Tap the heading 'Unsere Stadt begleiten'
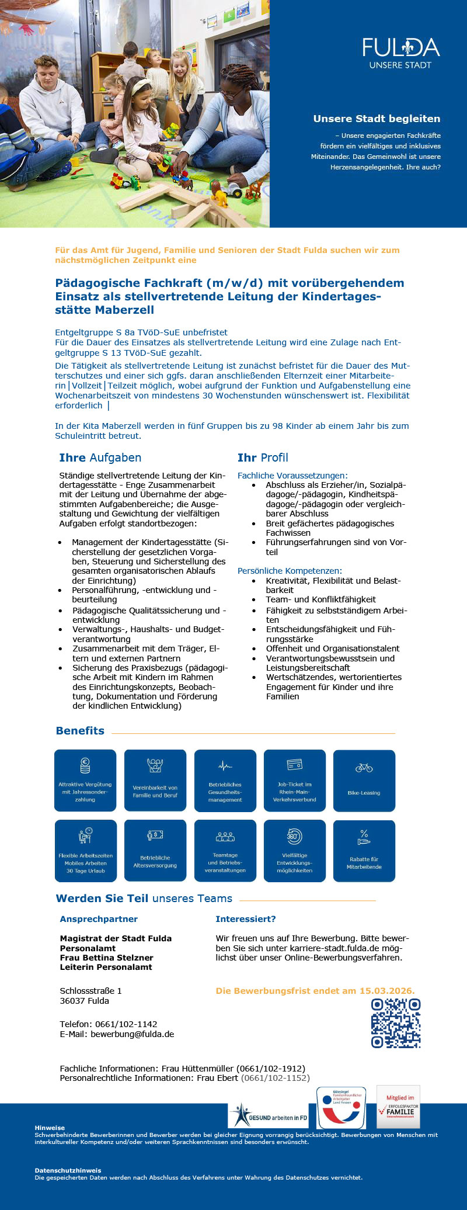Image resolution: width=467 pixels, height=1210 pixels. pyautogui.click(x=377, y=119)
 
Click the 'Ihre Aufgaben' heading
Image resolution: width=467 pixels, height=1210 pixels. pyautogui.click(x=100, y=457)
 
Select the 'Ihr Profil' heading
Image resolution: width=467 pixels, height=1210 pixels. pyautogui.click(x=263, y=457)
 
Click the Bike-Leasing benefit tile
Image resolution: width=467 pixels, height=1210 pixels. pyautogui.click(x=364, y=781)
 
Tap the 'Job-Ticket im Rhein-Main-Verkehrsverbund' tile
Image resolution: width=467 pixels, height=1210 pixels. pyautogui.click(x=295, y=781)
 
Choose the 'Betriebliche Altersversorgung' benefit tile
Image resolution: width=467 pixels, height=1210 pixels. pyautogui.click(x=155, y=850)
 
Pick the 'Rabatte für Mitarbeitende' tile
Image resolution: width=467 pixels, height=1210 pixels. pyautogui.click(x=364, y=850)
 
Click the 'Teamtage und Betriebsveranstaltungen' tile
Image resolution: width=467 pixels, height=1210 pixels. pyautogui.click(x=225, y=850)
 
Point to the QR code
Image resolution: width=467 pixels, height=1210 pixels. pyautogui.click(x=396, y=1022)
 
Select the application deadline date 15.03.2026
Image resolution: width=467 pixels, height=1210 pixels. pyautogui.click(x=386, y=991)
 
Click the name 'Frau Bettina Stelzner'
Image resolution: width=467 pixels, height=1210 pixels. pyautogui.click(x=106, y=958)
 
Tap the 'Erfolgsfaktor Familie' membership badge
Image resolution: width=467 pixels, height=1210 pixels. pyautogui.click(x=399, y=1108)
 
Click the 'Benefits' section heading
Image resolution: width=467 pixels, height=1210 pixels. pyautogui.click(x=80, y=730)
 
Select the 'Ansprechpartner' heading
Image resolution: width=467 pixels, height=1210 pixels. pyautogui.click(x=99, y=919)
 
